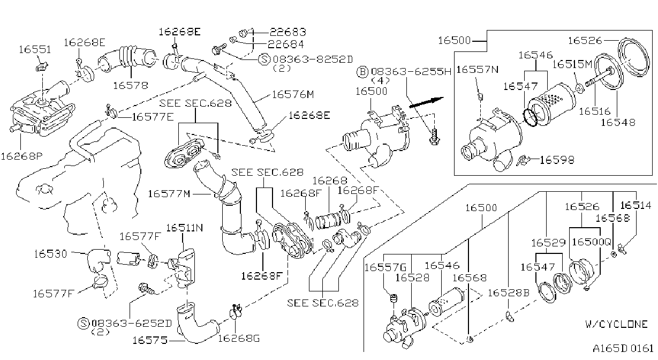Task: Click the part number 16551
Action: pyautogui.click(x=35, y=49)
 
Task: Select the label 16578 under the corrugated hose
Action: pyautogui.click(x=131, y=86)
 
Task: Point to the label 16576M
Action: pyautogui.click(x=293, y=94)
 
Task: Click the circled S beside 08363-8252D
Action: pyautogui.click(x=264, y=59)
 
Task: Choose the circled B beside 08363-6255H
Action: pyautogui.click(x=362, y=72)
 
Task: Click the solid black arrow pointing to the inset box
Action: pyautogui.click(x=426, y=102)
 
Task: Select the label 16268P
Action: pyautogui.click(x=22, y=156)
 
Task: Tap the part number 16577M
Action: pyautogui.click(x=169, y=194)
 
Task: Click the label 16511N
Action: pyautogui.click(x=185, y=228)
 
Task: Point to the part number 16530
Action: pyautogui.click(x=50, y=253)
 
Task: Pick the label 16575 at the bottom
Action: pyautogui.click(x=150, y=340)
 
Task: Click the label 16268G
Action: pyautogui.click(x=239, y=339)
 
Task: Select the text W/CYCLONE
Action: pyautogui.click(x=616, y=324)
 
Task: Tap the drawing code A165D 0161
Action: pyautogui.click(x=623, y=348)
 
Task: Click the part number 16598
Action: pyautogui.click(x=557, y=160)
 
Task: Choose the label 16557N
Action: pyautogui.click(x=478, y=69)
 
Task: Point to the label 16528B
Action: pyautogui.click(x=509, y=292)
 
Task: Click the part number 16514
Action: pyautogui.click(x=636, y=205)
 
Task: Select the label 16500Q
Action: pyautogui.click(x=592, y=242)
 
